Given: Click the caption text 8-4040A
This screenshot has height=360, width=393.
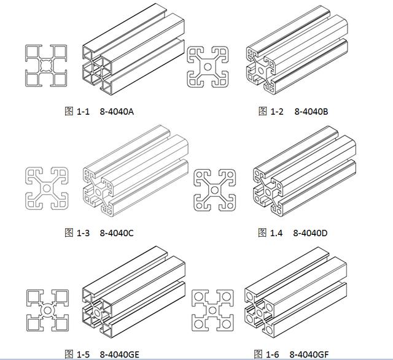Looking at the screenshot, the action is tap(117, 112).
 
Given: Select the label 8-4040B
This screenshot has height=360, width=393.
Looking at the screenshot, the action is tap(311, 112).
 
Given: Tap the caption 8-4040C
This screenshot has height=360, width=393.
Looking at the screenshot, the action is tap(117, 233).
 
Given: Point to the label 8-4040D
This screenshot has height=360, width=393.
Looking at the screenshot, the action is tap(310, 233).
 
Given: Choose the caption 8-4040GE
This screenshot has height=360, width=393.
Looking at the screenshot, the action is tap(119, 354).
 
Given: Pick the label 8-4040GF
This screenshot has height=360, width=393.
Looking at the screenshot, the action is tap(309, 354).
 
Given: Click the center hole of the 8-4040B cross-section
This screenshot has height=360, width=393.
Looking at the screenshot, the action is tap(208, 67).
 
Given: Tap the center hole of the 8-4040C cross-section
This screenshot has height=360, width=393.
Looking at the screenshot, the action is tap(47, 188).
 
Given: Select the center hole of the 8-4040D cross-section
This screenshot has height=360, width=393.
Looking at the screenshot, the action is tap(214, 190).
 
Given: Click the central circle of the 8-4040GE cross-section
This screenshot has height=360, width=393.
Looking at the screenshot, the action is tap(47, 310).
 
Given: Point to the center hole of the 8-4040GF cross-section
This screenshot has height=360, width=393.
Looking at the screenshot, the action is tap(212, 310).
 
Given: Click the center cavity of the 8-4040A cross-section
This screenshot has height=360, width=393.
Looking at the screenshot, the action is tap(46, 66).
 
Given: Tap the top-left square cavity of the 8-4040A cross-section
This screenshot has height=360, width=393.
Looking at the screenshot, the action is tap(32, 52).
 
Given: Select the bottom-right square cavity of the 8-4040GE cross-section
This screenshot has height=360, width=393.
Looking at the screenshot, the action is tap(61, 324).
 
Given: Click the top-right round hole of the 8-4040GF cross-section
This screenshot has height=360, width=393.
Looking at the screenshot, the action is tap(227, 297).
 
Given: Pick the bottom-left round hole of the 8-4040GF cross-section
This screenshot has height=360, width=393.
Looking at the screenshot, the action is tap(198, 324).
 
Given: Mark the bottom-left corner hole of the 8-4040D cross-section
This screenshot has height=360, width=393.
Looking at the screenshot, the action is tap(199, 206).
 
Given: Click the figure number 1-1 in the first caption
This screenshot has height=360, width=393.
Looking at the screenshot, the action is tap(83, 112).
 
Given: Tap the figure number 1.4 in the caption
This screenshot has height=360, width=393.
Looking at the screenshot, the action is tap(276, 233).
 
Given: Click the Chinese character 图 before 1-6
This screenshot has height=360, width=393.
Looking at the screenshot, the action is tap(258, 354).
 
